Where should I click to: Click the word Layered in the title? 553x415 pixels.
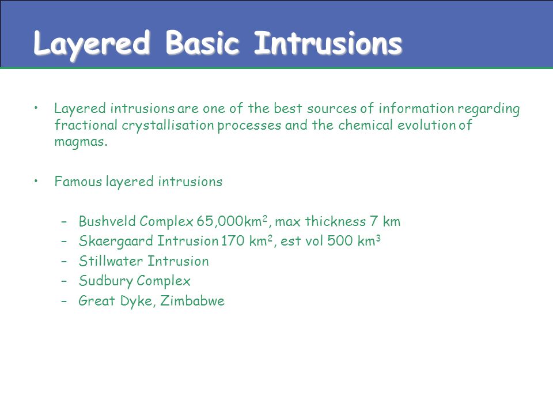click(x=92, y=45)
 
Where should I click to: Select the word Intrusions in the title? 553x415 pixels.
click(x=328, y=43)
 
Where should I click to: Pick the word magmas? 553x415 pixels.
click(x=81, y=142)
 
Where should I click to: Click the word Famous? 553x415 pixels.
click(x=78, y=182)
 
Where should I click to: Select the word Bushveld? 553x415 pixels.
click(x=107, y=221)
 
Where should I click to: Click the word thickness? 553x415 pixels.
click(x=335, y=221)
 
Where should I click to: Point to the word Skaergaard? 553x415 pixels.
click(x=116, y=242)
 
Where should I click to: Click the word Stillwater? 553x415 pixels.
click(x=111, y=261)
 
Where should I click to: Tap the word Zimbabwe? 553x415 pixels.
click(x=192, y=301)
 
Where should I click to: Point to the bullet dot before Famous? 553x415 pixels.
click(x=36, y=182)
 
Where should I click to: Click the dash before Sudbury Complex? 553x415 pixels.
click(x=64, y=281)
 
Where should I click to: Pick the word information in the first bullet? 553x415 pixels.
click(x=416, y=108)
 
